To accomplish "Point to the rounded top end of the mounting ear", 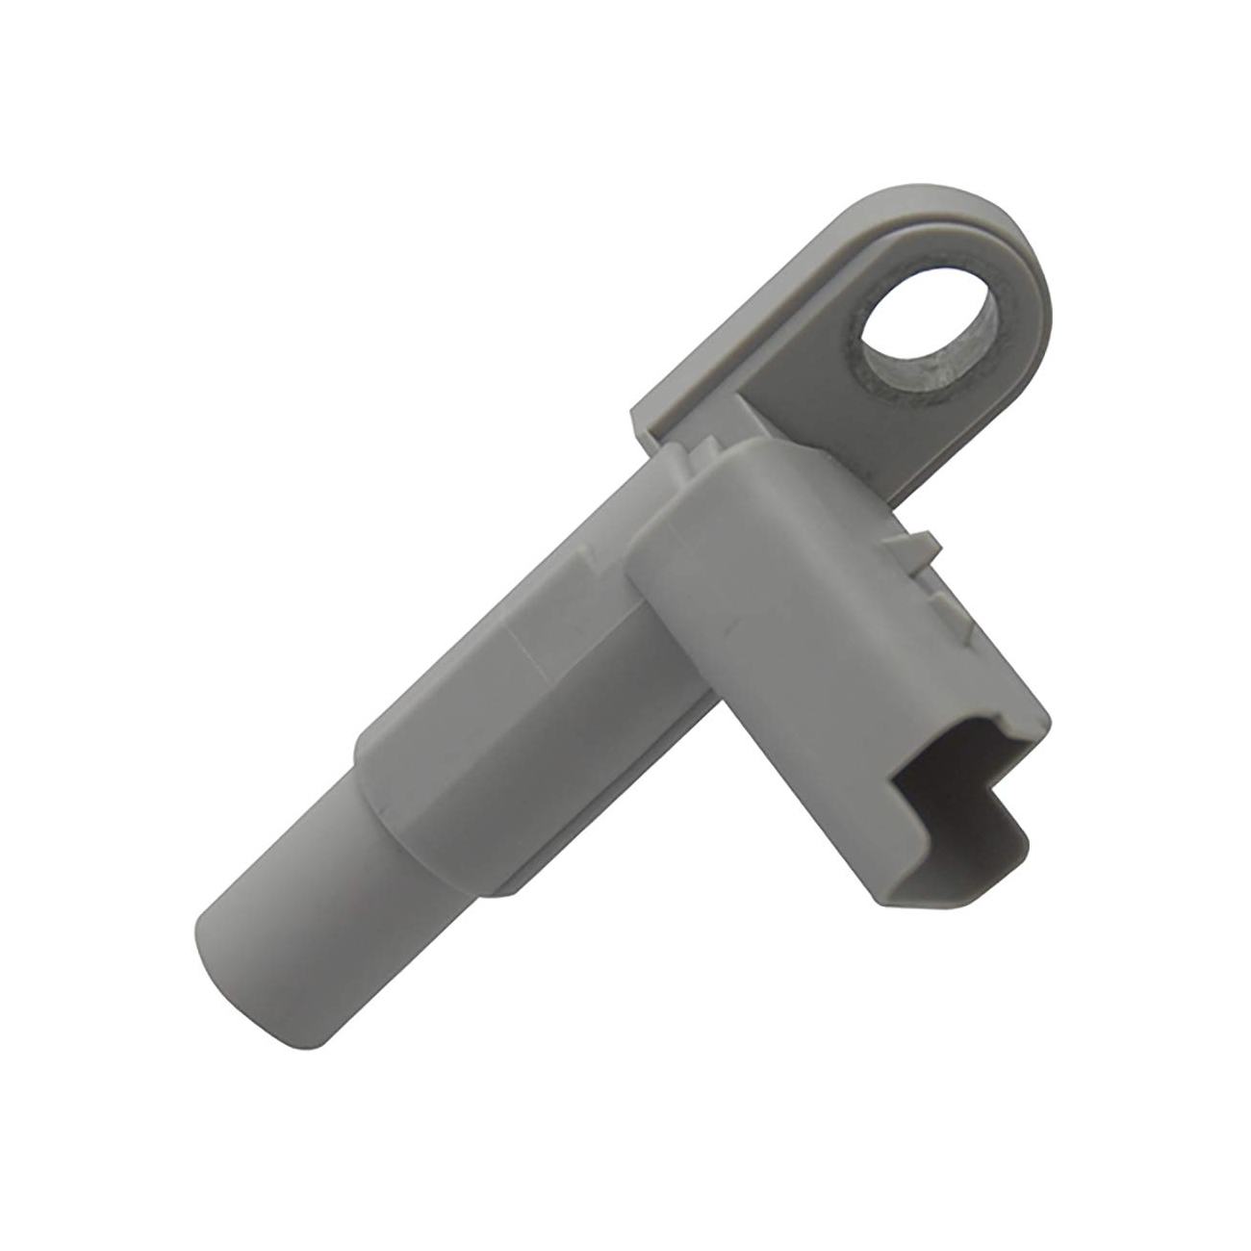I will pos(1001,260).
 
